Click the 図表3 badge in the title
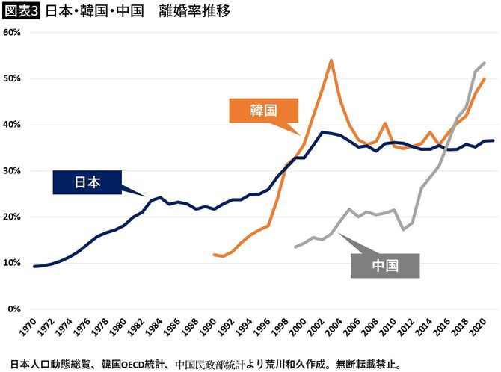coord(21,11)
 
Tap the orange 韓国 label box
coord(263,110)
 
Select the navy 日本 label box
coord(87,182)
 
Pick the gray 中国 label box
coord(385,265)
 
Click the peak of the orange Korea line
coord(331,60)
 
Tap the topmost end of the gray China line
coord(485,63)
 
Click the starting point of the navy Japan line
coord(34,267)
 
